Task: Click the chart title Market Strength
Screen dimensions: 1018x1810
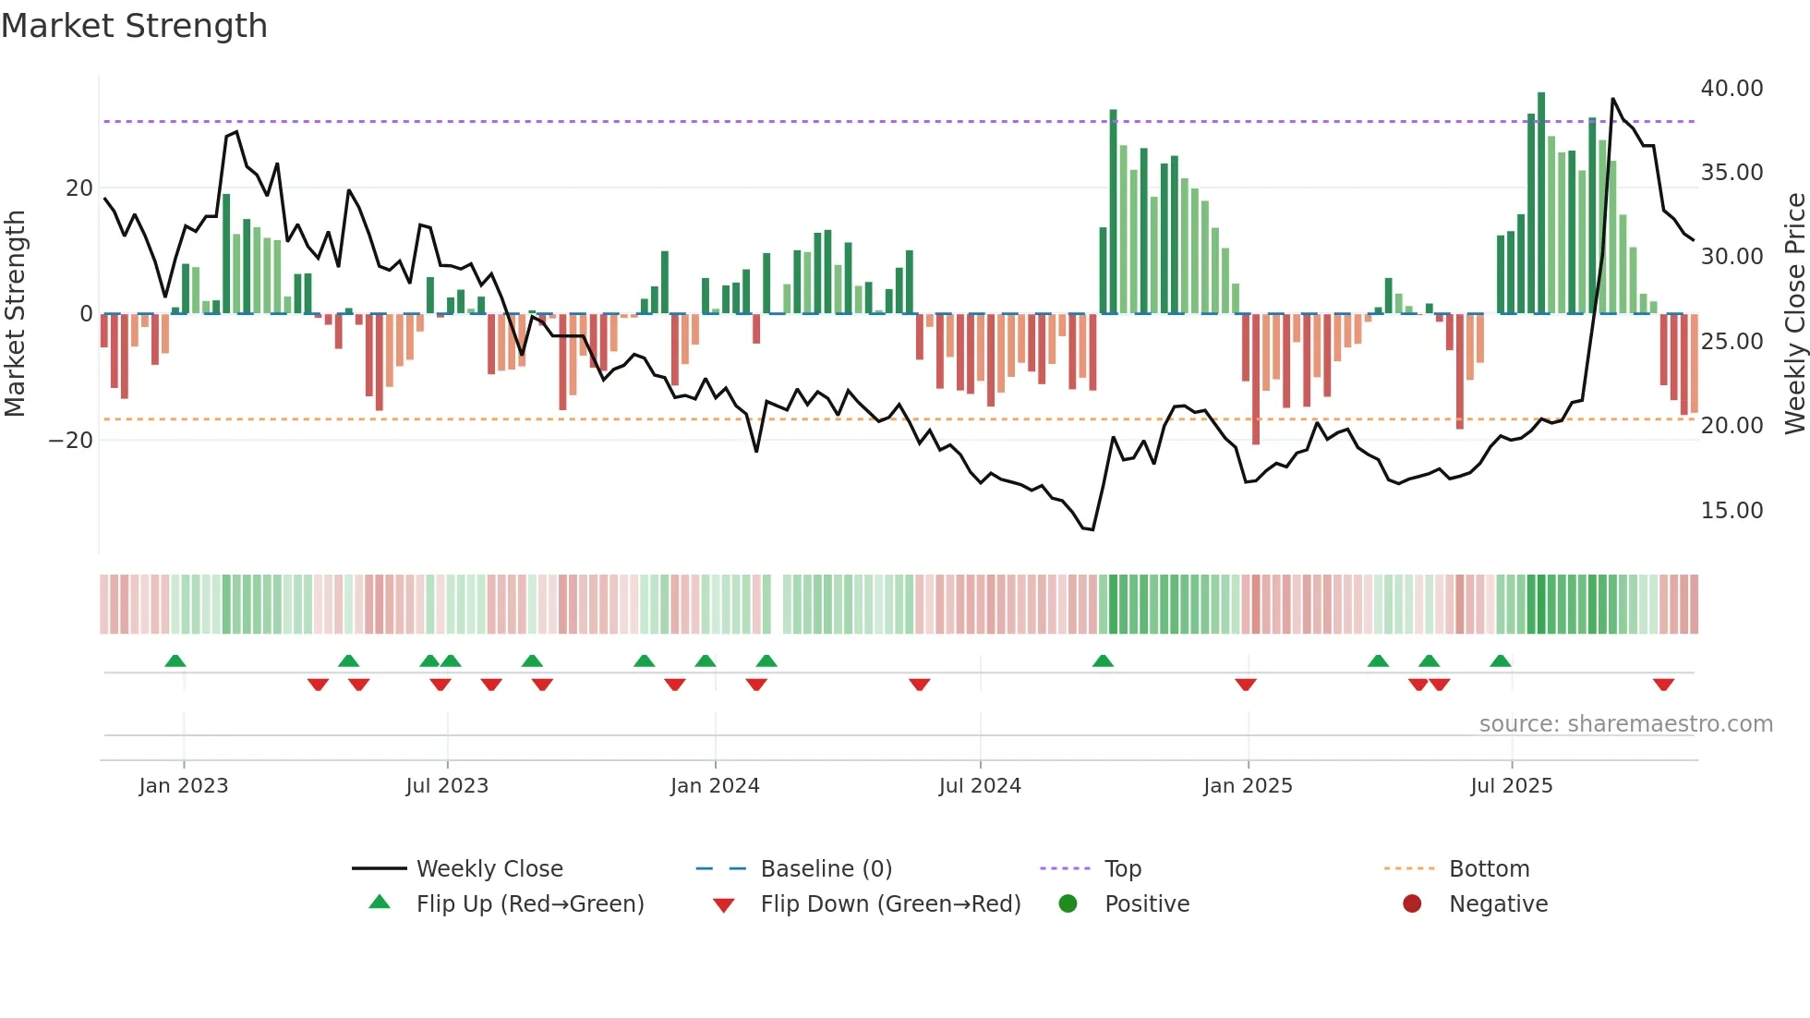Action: [134, 26]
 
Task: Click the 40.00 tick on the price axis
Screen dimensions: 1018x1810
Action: [1732, 89]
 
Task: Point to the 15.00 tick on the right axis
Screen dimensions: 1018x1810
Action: [1732, 511]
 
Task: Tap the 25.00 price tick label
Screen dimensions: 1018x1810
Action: [1732, 342]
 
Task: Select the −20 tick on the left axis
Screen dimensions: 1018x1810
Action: [71, 441]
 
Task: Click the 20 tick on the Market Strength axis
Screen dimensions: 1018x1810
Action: [79, 188]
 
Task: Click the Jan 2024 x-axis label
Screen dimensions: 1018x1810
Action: [715, 786]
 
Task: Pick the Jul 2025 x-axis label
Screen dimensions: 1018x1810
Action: [1511, 786]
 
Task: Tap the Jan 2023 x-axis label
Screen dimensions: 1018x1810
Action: [184, 786]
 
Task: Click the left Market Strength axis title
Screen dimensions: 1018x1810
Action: [16, 314]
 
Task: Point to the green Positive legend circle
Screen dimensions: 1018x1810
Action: [1068, 904]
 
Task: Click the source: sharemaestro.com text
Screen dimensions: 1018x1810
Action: [1625, 724]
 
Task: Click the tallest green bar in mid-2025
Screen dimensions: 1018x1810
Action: [1541, 203]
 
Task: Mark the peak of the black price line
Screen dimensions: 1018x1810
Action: [1612, 99]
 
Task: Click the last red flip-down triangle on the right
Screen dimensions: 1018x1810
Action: [1663, 685]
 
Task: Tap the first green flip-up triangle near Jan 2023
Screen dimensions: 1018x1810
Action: [175, 660]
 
